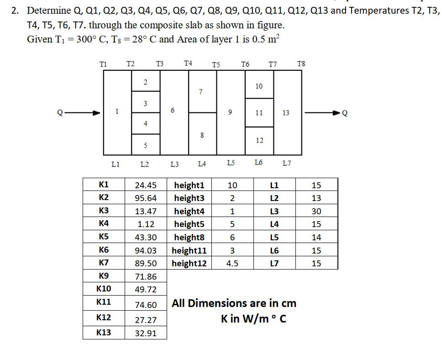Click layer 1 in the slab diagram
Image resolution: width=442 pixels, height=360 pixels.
pos(117,111)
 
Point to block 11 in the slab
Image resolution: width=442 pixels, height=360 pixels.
pos(259,112)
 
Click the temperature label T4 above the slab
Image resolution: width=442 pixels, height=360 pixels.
pos(188,63)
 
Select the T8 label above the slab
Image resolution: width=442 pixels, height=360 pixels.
pos(300,64)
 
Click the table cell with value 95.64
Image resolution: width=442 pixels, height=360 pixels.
pos(146,198)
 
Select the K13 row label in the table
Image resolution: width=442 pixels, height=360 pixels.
pos(104,332)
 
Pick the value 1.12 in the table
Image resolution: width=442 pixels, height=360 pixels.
pos(146,224)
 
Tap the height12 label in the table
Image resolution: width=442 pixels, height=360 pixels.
pos(189,263)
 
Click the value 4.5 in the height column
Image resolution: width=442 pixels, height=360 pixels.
pos(232,263)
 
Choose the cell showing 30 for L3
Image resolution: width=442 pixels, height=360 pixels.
pos(316,211)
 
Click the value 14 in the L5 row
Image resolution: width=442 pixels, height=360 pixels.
pos(316,237)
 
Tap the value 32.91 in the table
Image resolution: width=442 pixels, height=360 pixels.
pos(146,333)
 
